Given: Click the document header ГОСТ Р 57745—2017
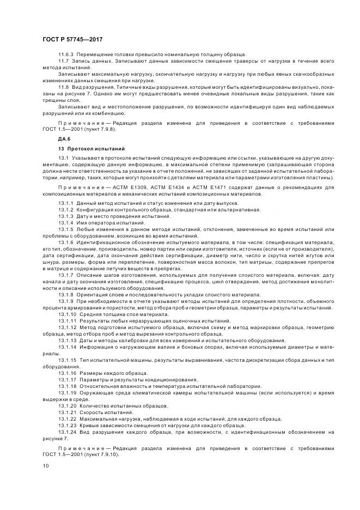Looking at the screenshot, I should [72, 40].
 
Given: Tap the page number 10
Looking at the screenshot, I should [45, 466].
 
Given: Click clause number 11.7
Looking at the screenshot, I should [63, 62].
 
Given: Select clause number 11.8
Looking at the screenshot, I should [63, 87].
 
